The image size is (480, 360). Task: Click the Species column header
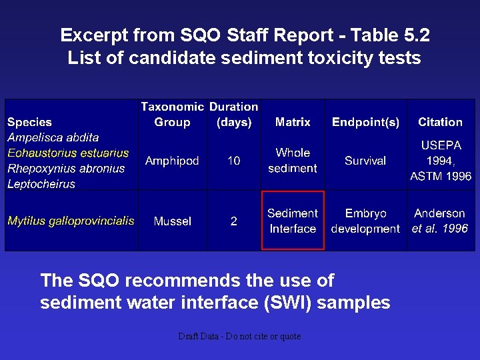[29, 122]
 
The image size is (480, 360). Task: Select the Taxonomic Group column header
[172, 114]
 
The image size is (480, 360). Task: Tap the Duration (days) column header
[234, 114]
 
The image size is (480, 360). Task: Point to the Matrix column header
[293, 122]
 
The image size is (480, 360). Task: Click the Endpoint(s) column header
[365, 122]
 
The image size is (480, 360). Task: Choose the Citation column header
[440, 122]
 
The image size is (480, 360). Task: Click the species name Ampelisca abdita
[53, 137]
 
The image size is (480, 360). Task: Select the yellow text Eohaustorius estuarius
[68, 153]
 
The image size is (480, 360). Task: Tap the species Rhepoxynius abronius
[66, 169]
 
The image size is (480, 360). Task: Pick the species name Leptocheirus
[41, 184]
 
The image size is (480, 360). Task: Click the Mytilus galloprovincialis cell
[71, 221]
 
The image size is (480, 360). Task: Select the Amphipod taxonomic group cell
[172, 161]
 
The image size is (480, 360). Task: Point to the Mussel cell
[172, 221]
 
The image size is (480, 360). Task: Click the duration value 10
[234, 161]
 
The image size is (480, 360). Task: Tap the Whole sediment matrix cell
[293, 161]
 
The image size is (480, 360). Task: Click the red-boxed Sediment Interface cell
[293, 221]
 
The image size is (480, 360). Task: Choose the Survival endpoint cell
[365, 161]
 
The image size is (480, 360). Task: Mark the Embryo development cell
[365, 221]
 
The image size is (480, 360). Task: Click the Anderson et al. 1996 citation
[440, 221]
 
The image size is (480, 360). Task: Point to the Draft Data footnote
[239, 337]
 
